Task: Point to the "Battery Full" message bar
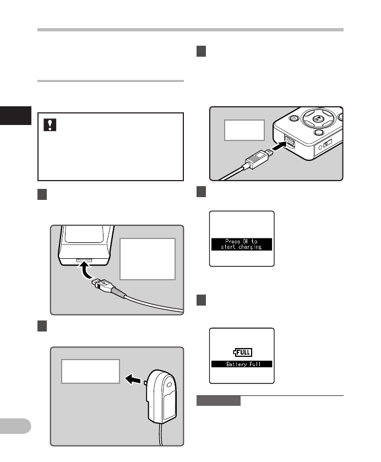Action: click(242, 364)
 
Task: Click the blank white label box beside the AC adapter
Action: click(90, 371)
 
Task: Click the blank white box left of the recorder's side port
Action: click(244, 131)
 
